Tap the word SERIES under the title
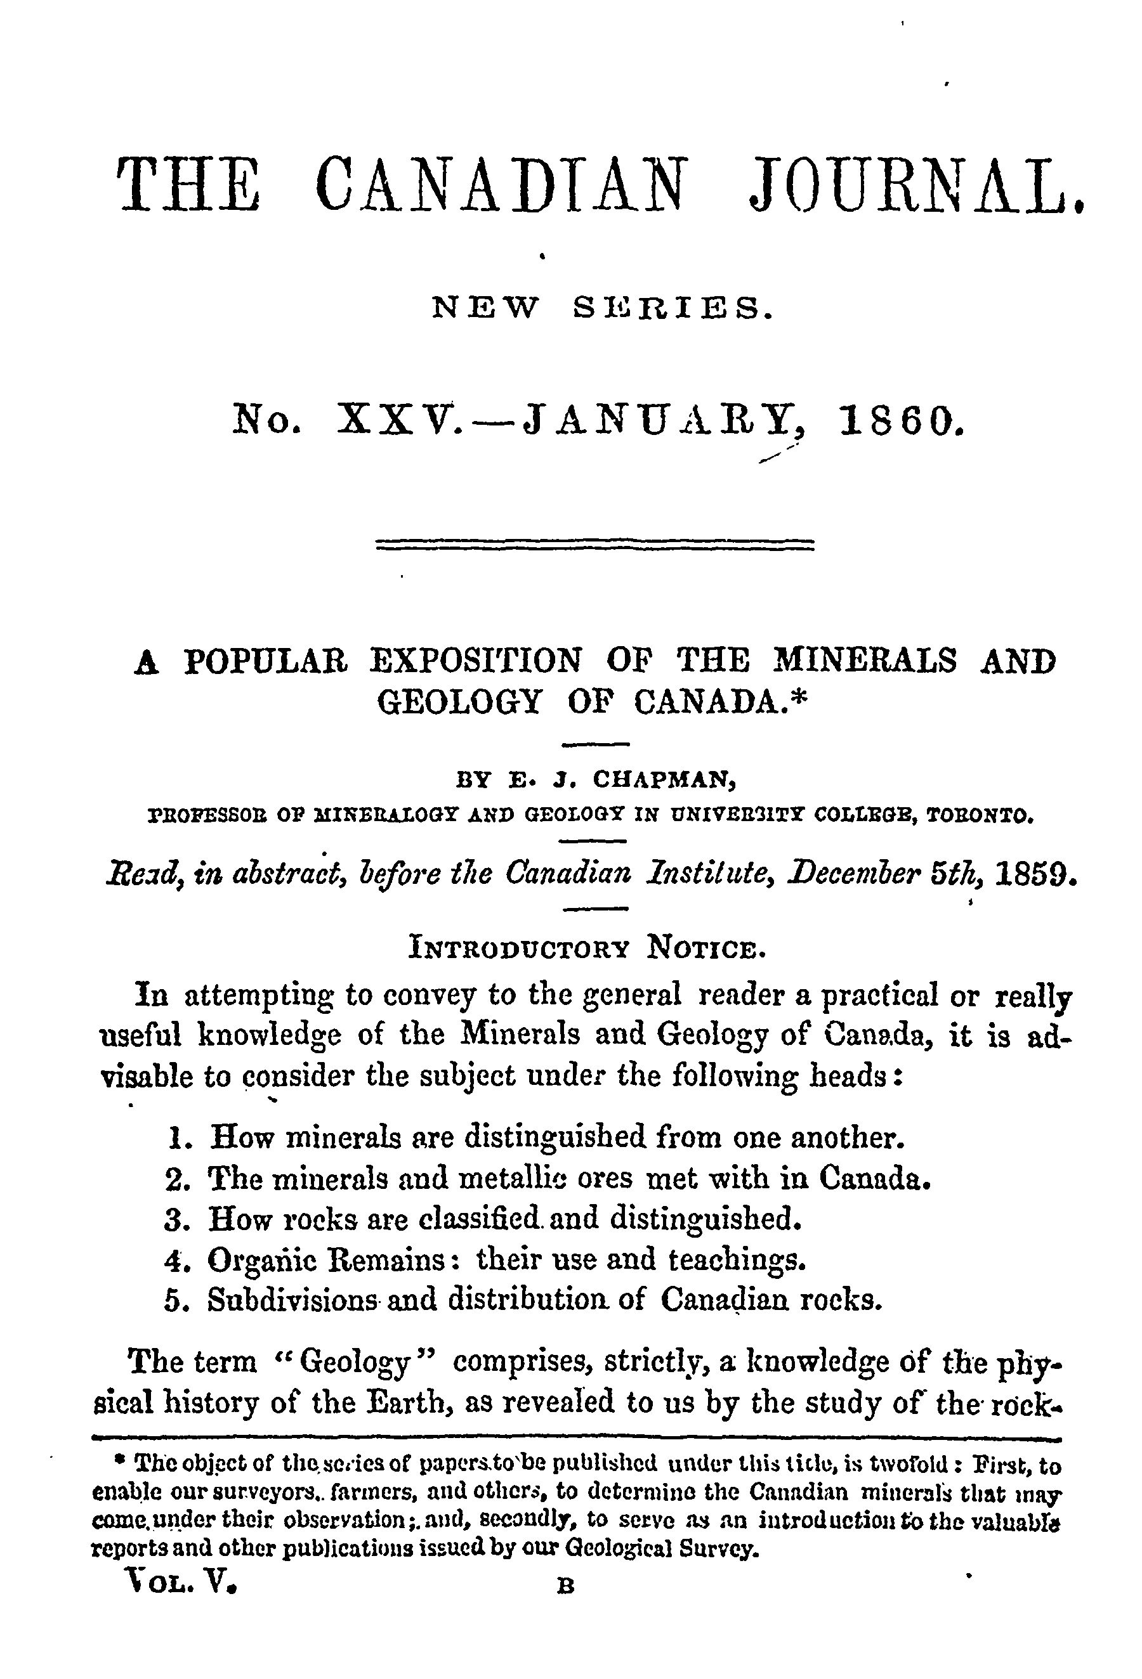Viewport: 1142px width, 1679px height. coord(672,309)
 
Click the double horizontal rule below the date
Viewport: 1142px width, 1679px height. coord(596,544)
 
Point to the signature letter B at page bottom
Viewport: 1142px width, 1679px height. coord(566,1587)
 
